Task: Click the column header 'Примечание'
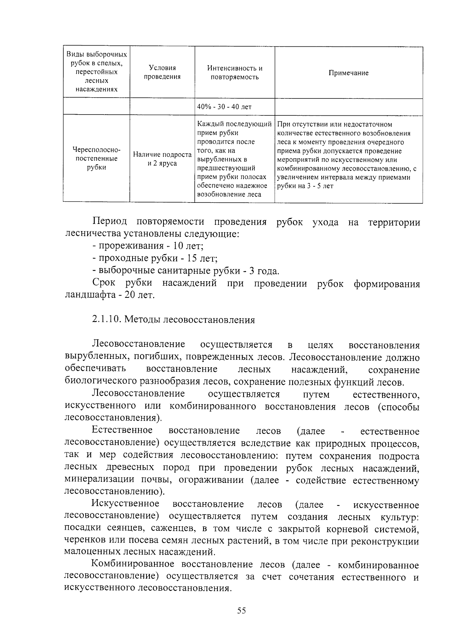coord(348,73)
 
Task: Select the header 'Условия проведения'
coord(162,72)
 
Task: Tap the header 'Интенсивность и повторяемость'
coord(234,73)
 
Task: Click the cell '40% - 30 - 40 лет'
coord(224,107)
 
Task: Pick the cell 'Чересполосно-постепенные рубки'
coord(96,159)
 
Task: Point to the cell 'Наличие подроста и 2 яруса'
coord(162,159)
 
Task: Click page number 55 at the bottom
coord(242,610)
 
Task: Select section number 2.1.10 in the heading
coord(106,320)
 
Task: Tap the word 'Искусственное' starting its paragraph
coord(125,504)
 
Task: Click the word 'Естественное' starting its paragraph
coord(122,431)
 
